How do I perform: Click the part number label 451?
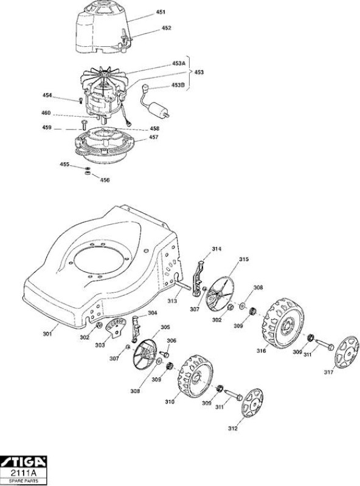tap(161, 12)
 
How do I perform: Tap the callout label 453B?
tap(178, 85)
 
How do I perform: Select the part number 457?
tap(153, 137)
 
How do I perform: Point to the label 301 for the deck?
tap(47, 334)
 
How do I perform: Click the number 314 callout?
tap(216, 248)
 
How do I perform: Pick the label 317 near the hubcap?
tap(328, 372)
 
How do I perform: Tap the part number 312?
tap(232, 428)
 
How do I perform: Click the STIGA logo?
tap(23, 462)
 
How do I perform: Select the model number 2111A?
tap(24, 473)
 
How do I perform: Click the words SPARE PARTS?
tap(24, 481)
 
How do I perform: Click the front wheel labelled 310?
tap(196, 377)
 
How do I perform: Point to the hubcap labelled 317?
tap(347, 352)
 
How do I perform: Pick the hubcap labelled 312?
tap(251, 402)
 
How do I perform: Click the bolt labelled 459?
tap(83, 125)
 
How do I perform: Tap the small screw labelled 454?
tap(81, 100)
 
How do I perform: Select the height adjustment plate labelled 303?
tap(116, 327)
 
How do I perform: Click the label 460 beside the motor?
tap(46, 113)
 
